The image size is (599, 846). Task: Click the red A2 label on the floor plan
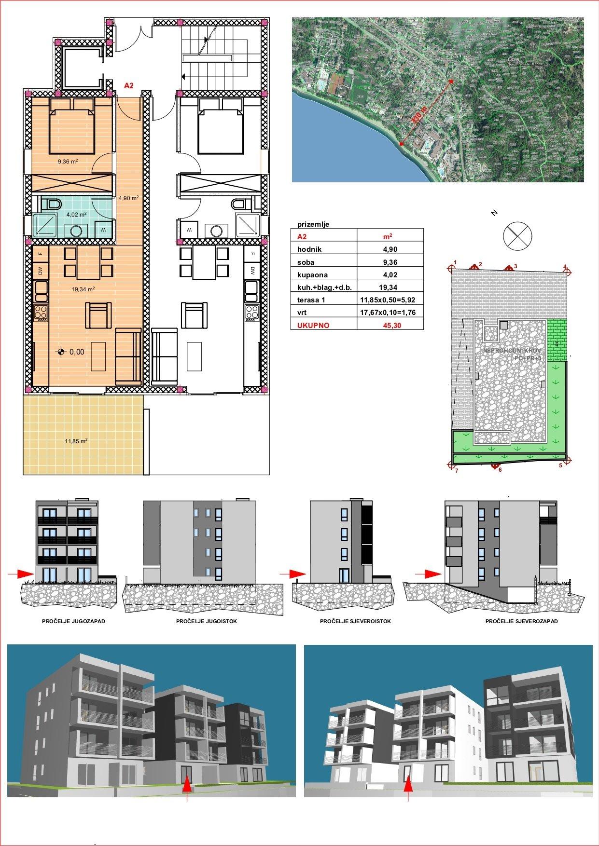pos(129,86)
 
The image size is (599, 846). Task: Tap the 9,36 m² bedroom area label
pos(68,162)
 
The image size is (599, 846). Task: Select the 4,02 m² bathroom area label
pos(77,214)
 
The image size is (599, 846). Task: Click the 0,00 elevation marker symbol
pos(61,352)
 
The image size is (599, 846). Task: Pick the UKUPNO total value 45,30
pos(390,326)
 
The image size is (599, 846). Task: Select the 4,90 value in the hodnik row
pos(390,249)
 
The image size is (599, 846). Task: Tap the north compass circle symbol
pos(517,236)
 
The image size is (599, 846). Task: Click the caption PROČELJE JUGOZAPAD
pos(74,621)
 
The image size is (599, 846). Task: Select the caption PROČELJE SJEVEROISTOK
pos(355,621)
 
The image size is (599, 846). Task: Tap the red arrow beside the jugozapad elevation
pos(21,574)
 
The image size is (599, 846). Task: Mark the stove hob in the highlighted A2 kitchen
pos(41,313)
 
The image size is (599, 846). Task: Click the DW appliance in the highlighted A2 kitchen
pos(41,271)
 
